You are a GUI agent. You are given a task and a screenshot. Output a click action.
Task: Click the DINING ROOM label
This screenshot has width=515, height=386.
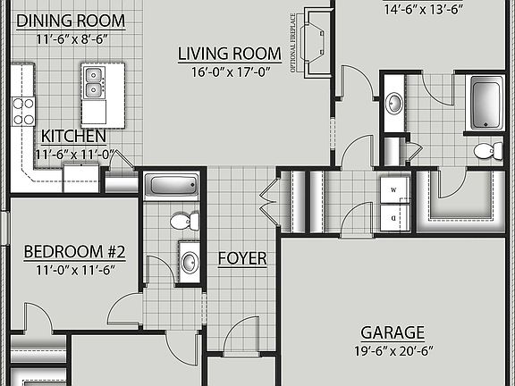71,21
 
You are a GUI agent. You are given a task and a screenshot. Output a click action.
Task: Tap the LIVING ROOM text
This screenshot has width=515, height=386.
229,54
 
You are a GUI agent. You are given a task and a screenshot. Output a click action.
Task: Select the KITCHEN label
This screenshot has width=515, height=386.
73,137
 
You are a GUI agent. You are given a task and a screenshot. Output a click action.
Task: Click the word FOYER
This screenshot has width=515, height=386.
242,259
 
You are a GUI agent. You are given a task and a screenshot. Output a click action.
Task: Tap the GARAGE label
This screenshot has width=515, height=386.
393,332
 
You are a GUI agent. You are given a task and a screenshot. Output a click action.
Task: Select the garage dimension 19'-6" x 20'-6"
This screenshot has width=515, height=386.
393,351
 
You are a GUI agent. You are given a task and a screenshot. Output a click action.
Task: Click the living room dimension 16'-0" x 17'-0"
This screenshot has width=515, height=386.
229,72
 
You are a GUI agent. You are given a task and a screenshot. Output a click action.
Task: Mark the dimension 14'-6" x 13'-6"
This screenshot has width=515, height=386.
423,11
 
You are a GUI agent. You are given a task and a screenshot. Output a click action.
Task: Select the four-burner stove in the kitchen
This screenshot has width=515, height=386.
22,111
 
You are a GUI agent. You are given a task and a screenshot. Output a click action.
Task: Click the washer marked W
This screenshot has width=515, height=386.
394,191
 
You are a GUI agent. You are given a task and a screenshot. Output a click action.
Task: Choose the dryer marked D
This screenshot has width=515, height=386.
394,217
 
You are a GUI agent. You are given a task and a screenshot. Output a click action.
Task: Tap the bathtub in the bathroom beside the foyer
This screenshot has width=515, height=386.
171,188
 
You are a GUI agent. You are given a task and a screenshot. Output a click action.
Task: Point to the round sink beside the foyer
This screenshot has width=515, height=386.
190,263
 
